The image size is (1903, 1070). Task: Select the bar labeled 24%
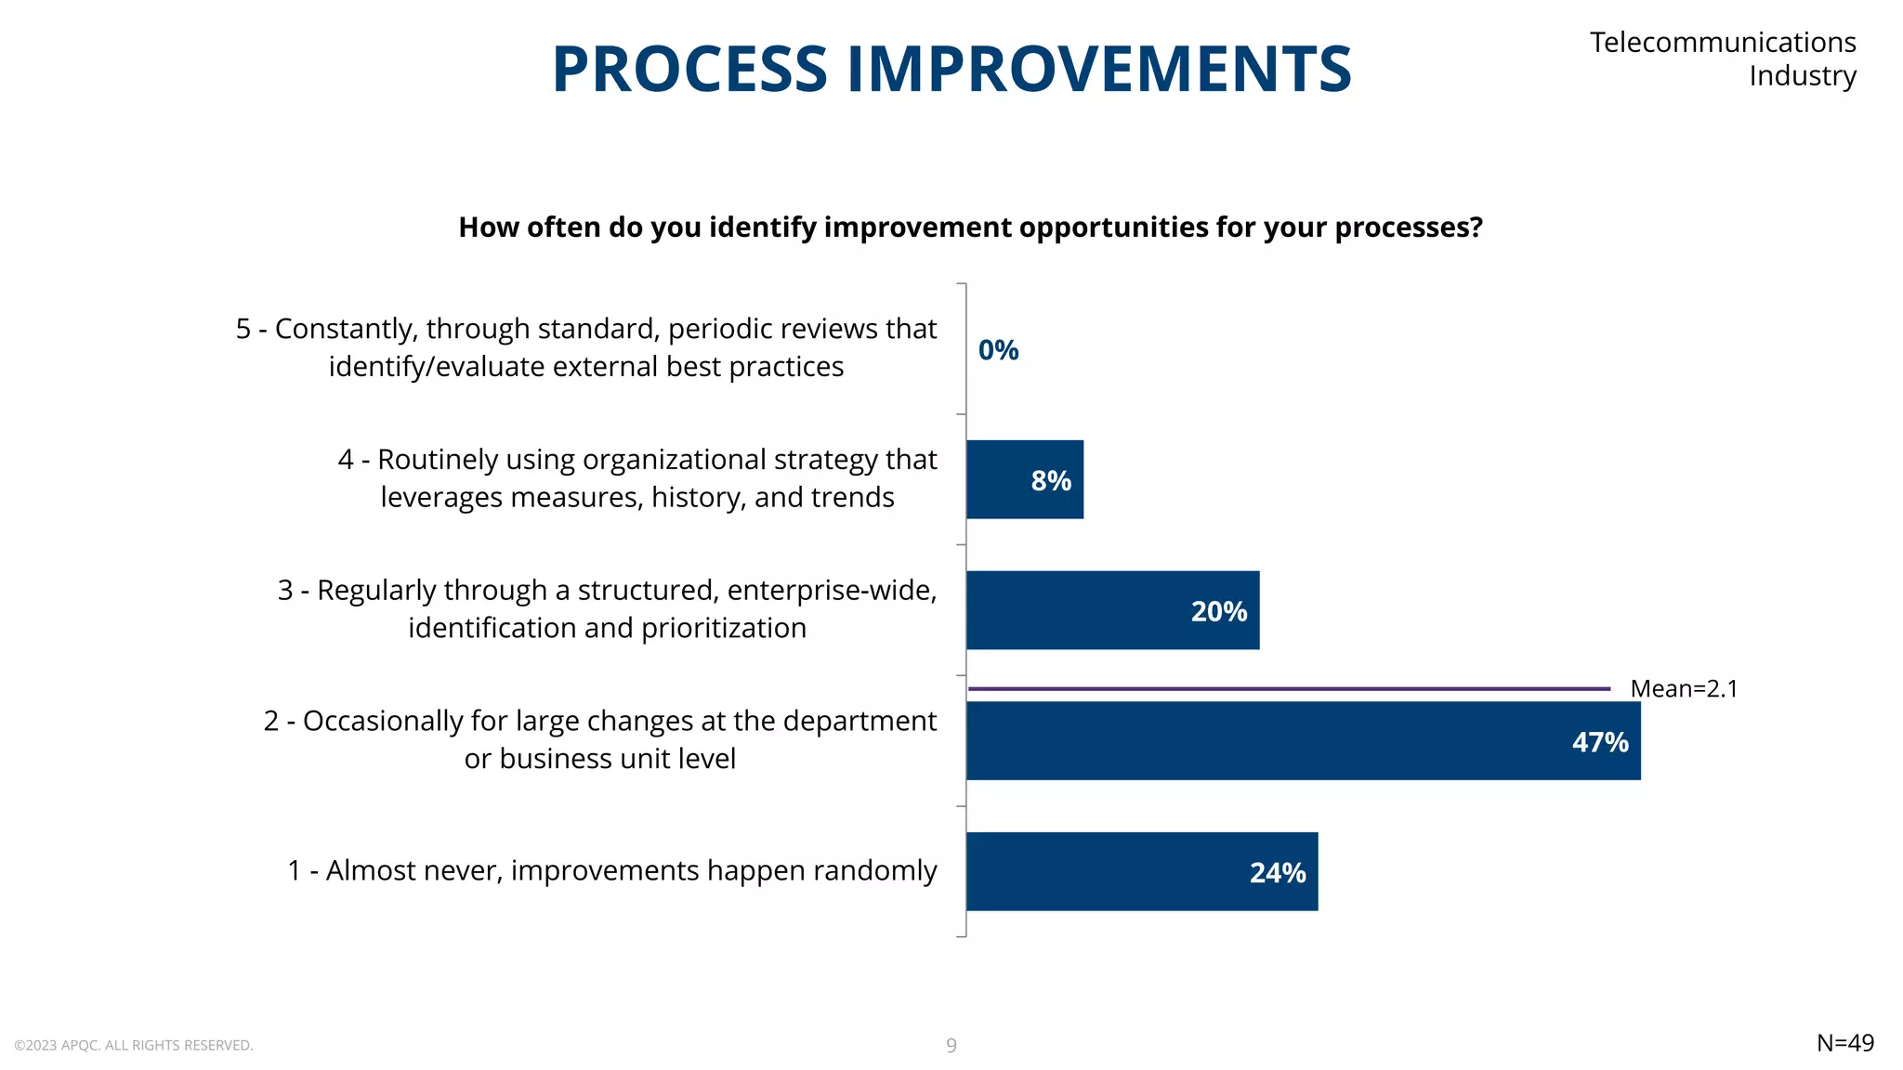click(1141, 871)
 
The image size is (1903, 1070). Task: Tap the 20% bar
click(1111, 610)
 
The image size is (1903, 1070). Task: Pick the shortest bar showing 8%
click(1024, 479)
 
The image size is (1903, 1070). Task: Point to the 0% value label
click(998, 350)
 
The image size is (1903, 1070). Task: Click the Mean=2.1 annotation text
click(1683, 688)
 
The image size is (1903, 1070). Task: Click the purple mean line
click(1288, 689)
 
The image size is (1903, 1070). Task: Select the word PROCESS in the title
click(689, 70)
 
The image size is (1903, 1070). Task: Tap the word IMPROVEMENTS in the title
click(1098, 70)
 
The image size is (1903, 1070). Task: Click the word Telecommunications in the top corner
click(1722, 43)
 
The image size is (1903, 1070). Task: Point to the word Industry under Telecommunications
click(1802, 76)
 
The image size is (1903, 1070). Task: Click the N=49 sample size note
click(1844, 1043)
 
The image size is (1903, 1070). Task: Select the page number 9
click(951, 1046)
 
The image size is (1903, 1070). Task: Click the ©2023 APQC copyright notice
click(133, 1046)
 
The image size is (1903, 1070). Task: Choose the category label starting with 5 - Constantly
click(586, 347)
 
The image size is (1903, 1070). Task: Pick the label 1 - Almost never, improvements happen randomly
click(611, 870)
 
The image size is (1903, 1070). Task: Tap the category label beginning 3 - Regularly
click(607, 608)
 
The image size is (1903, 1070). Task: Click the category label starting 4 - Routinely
click(637, 478)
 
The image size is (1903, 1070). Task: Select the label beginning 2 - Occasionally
click(599, 739)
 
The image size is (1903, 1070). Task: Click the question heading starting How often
click(970, 228)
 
